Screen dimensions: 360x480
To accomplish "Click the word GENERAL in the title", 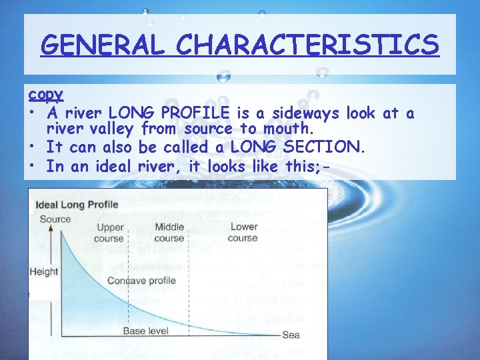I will [101, 45].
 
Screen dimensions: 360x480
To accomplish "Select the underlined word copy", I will [46, 95].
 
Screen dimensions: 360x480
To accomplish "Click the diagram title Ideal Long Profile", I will [77, 205].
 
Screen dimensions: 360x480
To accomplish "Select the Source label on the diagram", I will [55, 219].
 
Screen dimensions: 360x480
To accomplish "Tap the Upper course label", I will [110, 233].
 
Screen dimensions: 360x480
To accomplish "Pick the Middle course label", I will [169, 233].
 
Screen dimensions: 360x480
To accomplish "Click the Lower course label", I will [243, 233].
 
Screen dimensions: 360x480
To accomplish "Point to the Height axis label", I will [44, 271].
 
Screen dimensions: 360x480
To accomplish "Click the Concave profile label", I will [142, 281].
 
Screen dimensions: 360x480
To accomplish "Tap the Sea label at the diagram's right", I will [291, 335].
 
